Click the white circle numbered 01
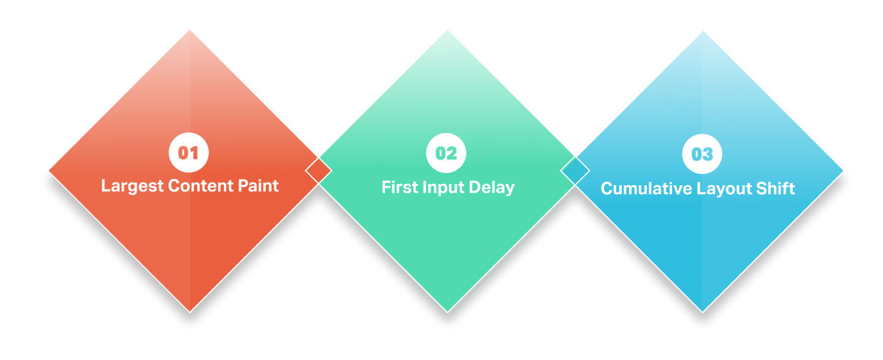pyautogui.click(x=189, y=153)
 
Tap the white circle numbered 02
pyautogui.click(x=446, y=153)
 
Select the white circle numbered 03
pyautogui.click(x=702, y=154)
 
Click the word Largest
pyautogui.click(x=132, y=186)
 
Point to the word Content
pyautogui.click(x=201, y=186)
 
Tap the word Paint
pyautogui.click(x=258, y=186)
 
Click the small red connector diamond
pyautogui.click(x=318, y=170)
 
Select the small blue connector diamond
pyautogui.click(x=575, y=170)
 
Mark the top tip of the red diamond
pyautogui.click(x=189, y=30)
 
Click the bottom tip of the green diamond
pyautogui.click(x=448, y=313)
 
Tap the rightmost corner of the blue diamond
pyautogui.click(x=844, y=170)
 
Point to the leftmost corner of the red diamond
pyautogui.click(x=48, y=170)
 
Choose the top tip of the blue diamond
pyautogui.click(x=703, y=31)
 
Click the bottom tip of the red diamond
pyautogui.click(x=189, y=313)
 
